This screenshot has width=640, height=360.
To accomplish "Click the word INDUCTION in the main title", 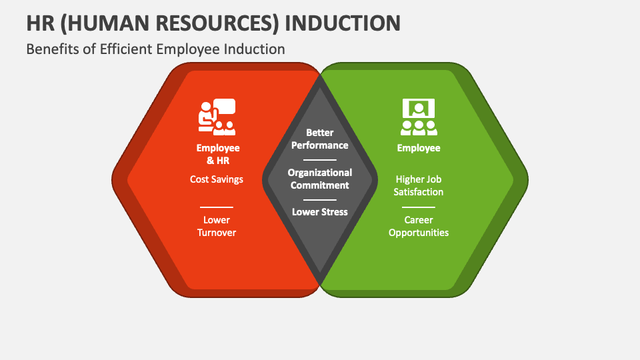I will coord(343,22).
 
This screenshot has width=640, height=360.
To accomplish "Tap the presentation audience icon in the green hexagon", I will coord(419,117).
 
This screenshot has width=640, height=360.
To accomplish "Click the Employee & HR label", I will coord(218,154).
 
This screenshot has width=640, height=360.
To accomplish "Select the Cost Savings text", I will coord(217,179).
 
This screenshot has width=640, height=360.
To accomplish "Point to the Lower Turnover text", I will coord(217,226).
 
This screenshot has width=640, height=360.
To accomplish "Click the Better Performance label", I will coord(320,139).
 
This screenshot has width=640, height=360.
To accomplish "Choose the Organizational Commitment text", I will coord(320,179).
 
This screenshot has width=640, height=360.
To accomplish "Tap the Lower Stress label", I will coord(320,212).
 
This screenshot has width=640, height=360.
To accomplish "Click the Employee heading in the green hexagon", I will coord(419,148).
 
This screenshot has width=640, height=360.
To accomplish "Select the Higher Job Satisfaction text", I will coord(419,185).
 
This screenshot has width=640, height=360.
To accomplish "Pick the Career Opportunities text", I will coord(419,226).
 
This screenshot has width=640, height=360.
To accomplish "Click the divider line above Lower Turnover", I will coord(217,207).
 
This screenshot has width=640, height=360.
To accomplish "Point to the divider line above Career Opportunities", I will coord(419,207).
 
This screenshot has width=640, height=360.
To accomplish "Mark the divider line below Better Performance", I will coord(320,160).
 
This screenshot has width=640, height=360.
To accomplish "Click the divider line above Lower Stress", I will coord(320,199).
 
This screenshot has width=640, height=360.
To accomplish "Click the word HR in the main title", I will coord(42,22).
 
